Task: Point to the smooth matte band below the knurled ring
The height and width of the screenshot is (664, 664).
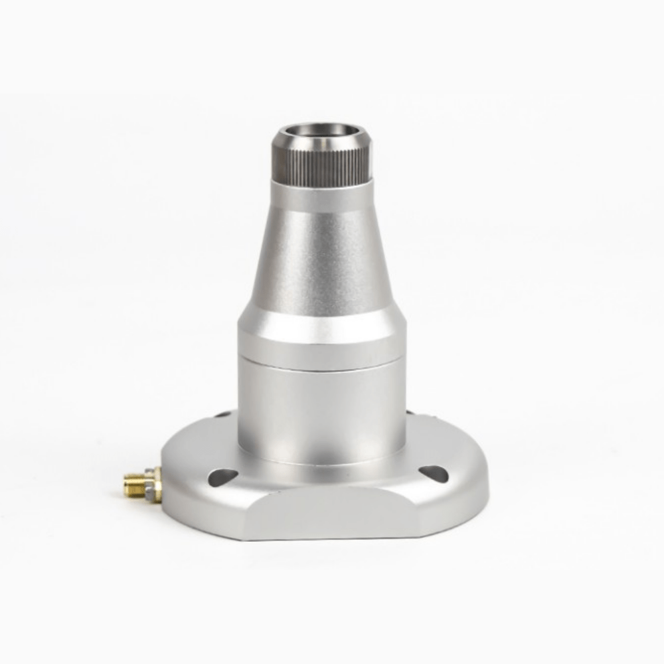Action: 321,198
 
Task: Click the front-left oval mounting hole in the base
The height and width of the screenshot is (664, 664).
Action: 222,475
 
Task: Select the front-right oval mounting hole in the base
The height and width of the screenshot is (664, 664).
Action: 434,473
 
